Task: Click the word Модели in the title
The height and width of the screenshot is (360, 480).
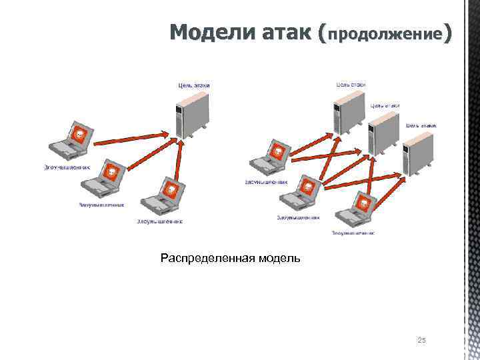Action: click(207, 31)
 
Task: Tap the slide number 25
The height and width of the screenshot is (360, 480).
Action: click(421, 341)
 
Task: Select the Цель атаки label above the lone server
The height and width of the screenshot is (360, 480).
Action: click(193, 85)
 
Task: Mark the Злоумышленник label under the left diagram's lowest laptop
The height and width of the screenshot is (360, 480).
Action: click(159, 221)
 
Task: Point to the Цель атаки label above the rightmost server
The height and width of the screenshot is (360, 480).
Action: click(421, 125)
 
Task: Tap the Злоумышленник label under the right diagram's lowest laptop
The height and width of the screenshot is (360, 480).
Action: click(353, 233)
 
